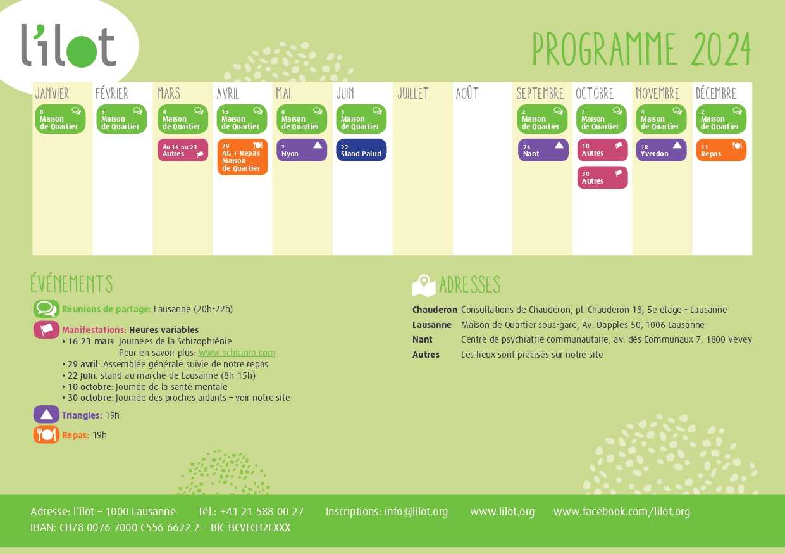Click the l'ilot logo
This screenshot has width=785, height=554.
point(68,46)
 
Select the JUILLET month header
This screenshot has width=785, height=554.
point(413,94)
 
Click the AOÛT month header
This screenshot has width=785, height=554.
point(467,94)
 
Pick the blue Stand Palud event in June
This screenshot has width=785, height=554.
point(361,150)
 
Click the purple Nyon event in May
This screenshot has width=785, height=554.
point(302,150)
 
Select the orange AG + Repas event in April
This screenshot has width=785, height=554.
point(242,157)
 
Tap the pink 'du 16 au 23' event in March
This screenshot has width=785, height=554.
point(183,150)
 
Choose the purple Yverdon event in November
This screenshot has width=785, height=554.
point(661,150)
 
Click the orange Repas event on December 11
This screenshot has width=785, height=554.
point(721,150)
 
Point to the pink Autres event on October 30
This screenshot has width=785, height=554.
point(602,177)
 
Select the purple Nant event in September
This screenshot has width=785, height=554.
point(543,150)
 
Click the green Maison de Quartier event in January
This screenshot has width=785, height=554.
point(60,119)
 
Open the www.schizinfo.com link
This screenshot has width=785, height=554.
point(237,353)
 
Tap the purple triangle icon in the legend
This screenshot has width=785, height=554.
point(46,415)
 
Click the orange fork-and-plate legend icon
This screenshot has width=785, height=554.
point(46,435)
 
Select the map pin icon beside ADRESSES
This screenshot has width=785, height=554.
point(424,286)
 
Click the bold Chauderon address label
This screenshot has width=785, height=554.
point(435,310)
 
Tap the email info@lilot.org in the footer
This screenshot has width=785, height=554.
point(416,512)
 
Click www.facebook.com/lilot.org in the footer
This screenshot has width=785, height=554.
point(622,512)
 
